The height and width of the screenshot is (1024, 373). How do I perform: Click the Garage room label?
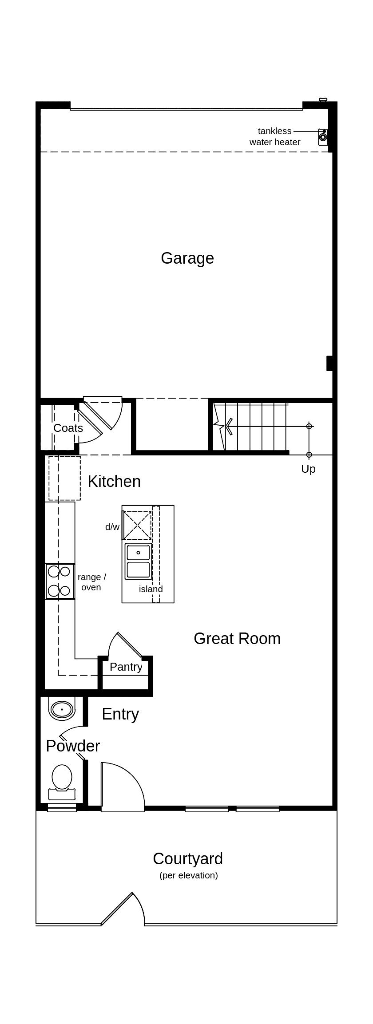pyautogui.click(x=187, y=258)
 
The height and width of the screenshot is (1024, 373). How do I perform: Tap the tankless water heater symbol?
pyautogui.click(x=323, y=137)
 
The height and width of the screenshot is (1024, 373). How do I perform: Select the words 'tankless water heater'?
pyautogui.click(x=274, y=137)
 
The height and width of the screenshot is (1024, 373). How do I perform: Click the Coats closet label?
pyautogui.click(x=68, y=428)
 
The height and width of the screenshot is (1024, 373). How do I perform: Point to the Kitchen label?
pyautogui.click(x=114, y=482)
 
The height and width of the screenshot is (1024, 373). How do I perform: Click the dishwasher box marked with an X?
pyautogui.click(x=137, y=525)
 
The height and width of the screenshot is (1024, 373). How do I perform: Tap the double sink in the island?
pyautogui.click(x=138, y=561)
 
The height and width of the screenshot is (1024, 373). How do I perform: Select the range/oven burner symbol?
pyautogui.click(x=60, y=581)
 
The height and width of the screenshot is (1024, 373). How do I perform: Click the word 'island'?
pyautogui.click(x=151, y=589)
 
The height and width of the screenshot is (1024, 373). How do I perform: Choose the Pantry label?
pyautogui.click(x=126, y=667)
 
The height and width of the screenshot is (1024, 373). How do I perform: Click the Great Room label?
pyautogui.click(x=237, y=639)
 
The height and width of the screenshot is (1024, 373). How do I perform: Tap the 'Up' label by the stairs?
pyautogui.click(x=308, y=469)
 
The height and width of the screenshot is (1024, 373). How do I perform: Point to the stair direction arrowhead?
pyautogui.click(x=229, y=426)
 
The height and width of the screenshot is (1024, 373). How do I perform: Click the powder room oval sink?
pyautogui.click(x=61, y=709)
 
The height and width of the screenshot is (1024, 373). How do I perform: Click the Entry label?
pyautogui.click(x=120, y=714)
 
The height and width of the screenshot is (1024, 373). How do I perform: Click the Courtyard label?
pyautogui.click(x=187, y=859)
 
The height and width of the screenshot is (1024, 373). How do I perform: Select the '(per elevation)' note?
pyautogui.click(x=188, y=876)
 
